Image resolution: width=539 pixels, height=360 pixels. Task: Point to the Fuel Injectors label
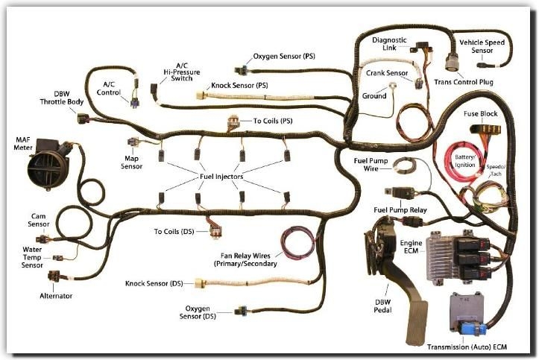223,177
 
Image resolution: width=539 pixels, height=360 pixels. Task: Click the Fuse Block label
480,114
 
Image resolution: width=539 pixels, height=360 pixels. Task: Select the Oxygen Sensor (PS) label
285,56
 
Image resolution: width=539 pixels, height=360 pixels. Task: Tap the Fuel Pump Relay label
400,211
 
